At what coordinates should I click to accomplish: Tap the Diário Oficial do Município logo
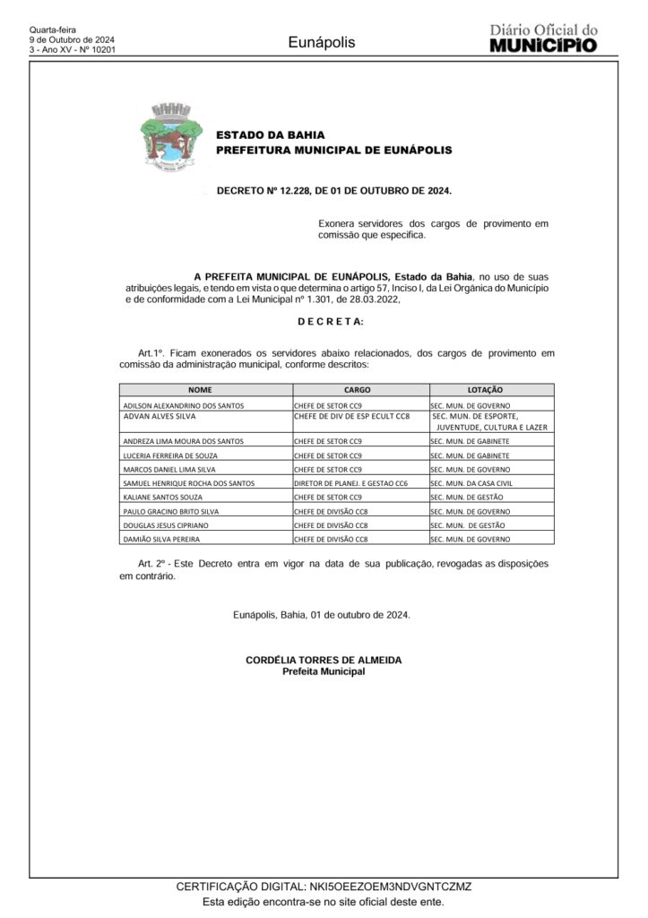(x=543, y=38)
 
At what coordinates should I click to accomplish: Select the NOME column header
(x=206, y=390)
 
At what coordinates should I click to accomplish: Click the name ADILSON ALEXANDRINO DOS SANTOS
(x=183, y=406)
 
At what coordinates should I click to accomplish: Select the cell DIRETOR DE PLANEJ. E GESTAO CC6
(x=350, y=482)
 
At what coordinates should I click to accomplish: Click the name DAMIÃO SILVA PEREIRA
(x=161, y=539)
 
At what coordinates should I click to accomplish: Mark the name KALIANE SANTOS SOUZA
(x=163, y=497)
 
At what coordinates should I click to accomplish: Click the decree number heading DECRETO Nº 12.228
(x=334, y=192)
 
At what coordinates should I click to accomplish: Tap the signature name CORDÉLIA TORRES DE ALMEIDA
(x=324, y=660)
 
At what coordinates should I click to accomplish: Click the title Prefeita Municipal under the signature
(x=324, y=671)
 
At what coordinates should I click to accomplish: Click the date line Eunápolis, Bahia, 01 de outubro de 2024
(x=322, y=614)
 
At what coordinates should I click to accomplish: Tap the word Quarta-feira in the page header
(x=53, y=30)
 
